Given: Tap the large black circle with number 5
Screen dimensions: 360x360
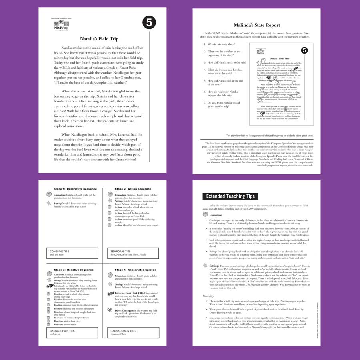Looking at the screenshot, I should click(x=148, y=23).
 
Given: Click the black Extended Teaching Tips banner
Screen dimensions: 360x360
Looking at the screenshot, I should click(x=230, y=196).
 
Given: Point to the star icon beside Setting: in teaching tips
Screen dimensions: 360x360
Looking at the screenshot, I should click(x=205, y=265).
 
